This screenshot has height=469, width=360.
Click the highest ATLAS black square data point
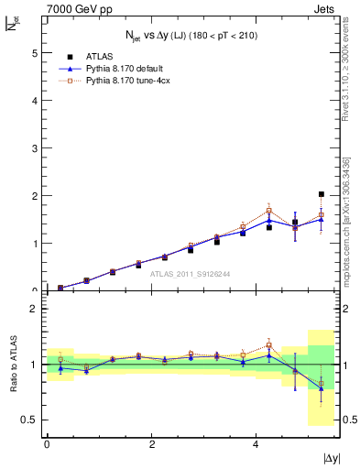point(321,194)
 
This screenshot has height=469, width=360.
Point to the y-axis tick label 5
point(35,53)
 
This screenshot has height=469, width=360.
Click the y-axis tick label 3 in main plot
point(35,148)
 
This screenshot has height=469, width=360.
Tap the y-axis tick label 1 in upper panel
point(35,244)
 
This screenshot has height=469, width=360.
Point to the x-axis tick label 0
point(47,443)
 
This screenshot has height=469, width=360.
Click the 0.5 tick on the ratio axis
point(30,420)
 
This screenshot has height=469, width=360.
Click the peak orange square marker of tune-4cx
point(268,211)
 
